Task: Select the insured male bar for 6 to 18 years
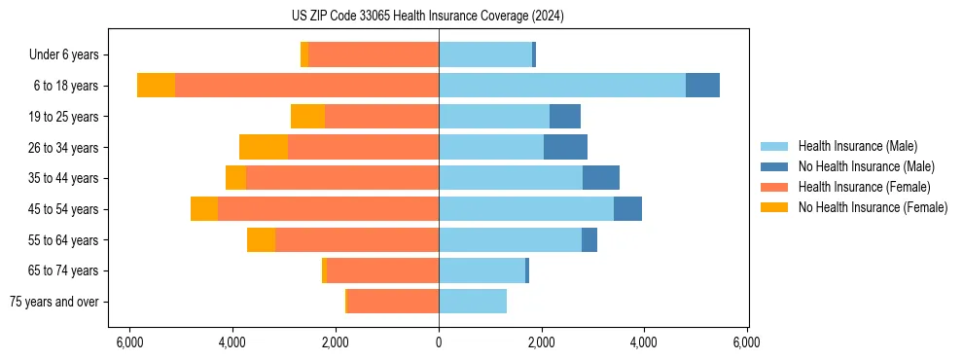[x=562, y=86]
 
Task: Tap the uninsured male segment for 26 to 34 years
[x=565, y=147]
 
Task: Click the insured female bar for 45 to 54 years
[x=328, y=209]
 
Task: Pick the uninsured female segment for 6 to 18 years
[x=156, y=86]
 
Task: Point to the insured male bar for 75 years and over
[x=473, y=302]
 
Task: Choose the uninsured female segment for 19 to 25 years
[x=307, y=117]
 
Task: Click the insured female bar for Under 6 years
[x=374, y=54]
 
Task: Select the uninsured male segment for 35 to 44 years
[x=601, y=178]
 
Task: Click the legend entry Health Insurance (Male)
[x=857, y=146]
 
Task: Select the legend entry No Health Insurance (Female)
[x=873, y=207]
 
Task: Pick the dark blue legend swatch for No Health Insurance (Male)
[x=774, y=166]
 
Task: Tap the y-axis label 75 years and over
[x=53, y=302]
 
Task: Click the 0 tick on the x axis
[x=439, y=342]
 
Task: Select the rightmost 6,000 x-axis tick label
[x=746, y=342]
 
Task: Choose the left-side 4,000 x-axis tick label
[x=232, y=342]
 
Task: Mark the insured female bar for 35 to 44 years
[x=342, y=178]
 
